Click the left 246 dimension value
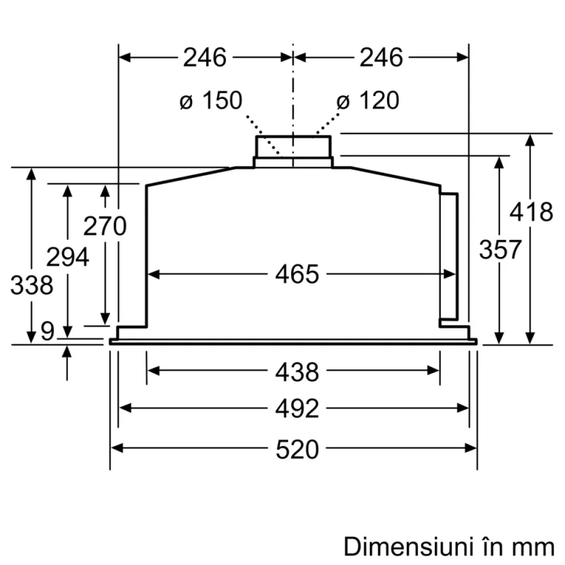(205, 57)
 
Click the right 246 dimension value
(381, 57)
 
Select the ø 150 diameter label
(210, 101)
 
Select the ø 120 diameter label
(367, 101)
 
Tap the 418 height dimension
(531, 212)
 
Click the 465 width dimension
(297, 274)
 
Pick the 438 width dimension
(297, 371)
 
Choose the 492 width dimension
(297, 408)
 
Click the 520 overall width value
(297, 448)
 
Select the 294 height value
(67, 256)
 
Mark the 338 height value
(32, 285)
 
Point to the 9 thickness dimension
(47, 331)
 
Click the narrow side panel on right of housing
(448, 258)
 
